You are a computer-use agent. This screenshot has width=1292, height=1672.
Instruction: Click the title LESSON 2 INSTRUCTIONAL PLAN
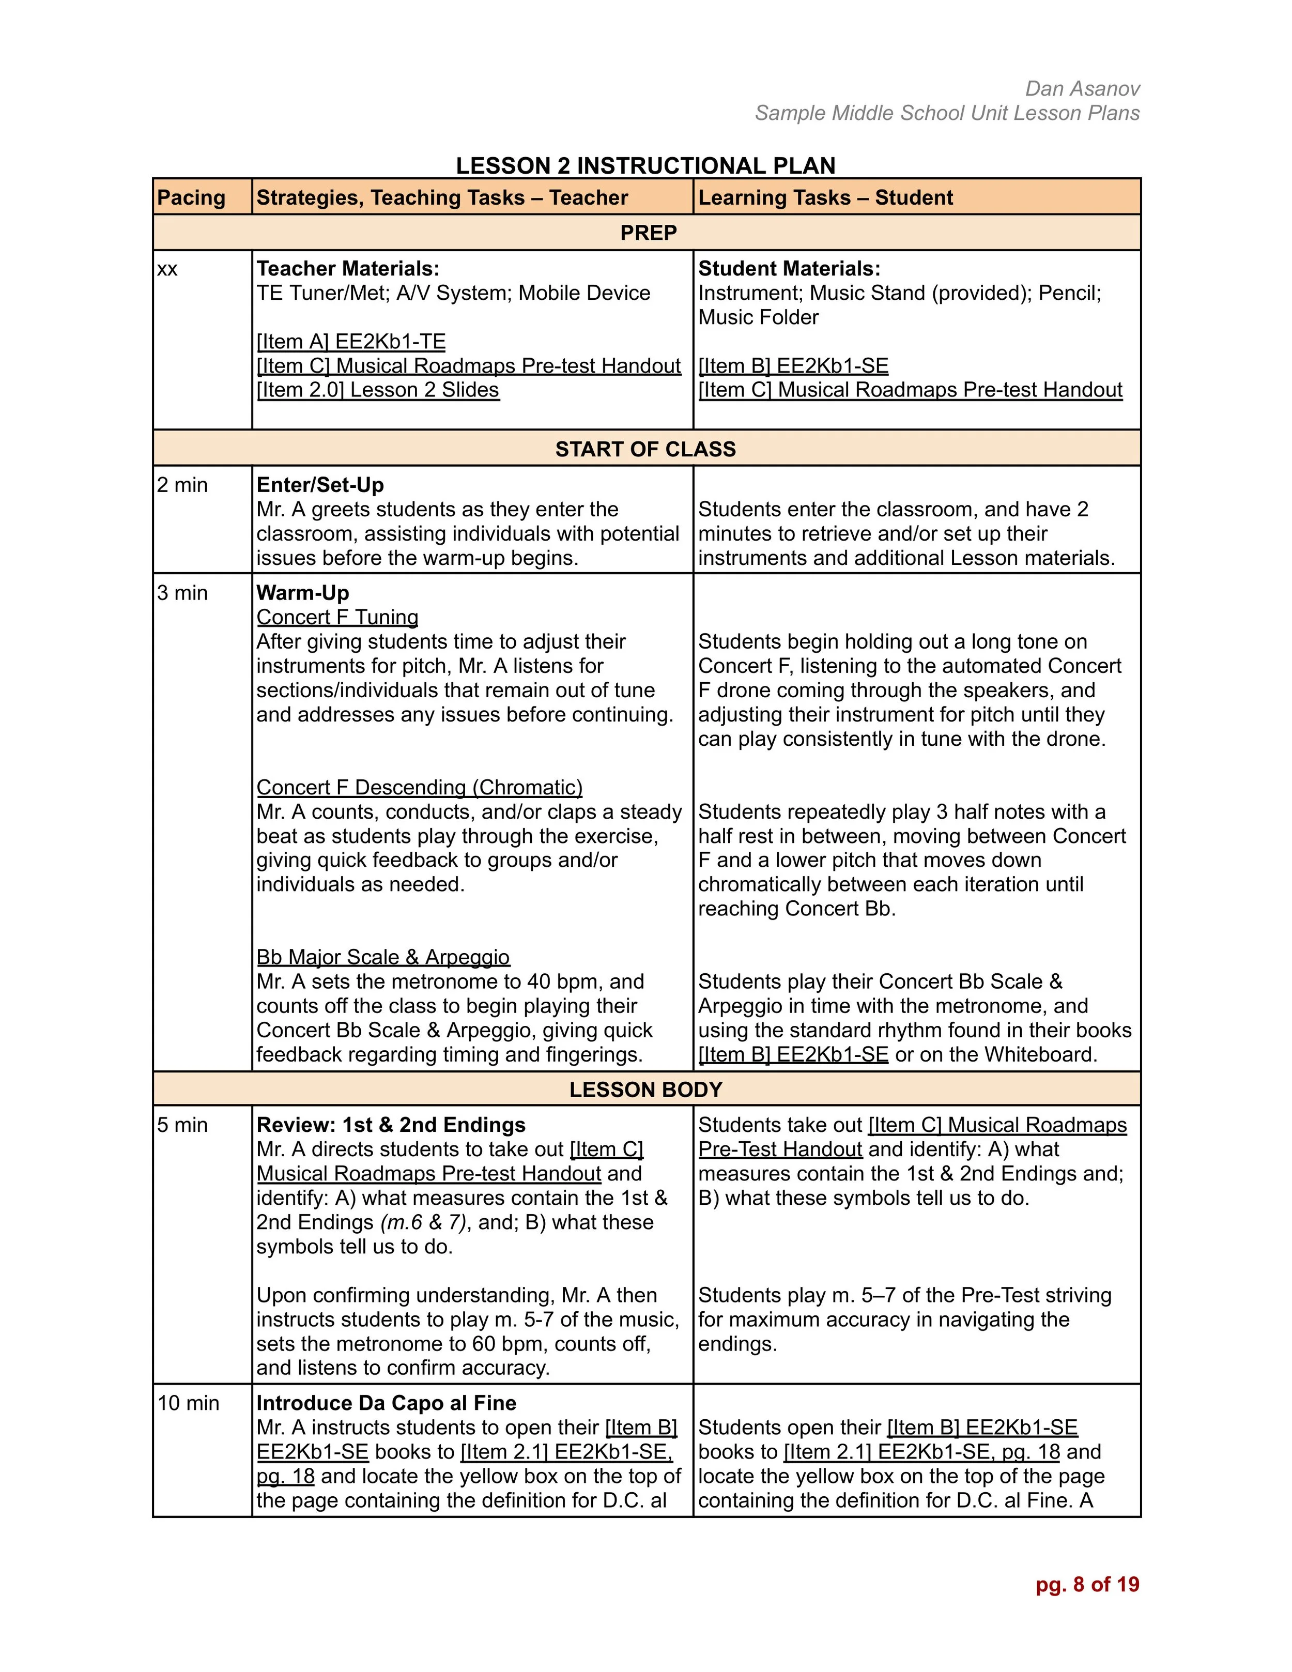click(645, 165)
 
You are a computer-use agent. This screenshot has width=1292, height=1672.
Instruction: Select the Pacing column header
click(191, 197)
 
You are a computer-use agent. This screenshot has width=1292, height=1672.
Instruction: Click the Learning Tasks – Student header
click(825, 197)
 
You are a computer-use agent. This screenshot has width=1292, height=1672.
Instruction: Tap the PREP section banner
click(648, 233)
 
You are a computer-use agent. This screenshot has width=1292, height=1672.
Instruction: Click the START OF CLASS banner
click(645, 449)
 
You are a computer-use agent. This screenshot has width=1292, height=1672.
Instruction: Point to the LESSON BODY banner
click(645, 1090)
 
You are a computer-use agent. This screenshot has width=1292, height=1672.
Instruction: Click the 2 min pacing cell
click(182, 485)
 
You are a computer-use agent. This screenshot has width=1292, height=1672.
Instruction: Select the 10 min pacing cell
click(188, 1403)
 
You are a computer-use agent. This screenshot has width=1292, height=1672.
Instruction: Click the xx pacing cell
click(167, 269)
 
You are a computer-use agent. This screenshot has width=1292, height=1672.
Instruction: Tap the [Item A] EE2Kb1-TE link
click(350, 342)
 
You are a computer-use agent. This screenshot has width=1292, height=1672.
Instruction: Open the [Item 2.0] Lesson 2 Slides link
click(377, 390)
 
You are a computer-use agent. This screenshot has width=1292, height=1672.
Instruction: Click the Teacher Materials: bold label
click(347, 269)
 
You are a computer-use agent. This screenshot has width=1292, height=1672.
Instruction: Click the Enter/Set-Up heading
click(320, 485)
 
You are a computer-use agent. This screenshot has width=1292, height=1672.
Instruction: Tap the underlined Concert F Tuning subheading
click(337, 617)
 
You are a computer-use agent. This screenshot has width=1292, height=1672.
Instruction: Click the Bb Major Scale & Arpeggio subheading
click(383, 958)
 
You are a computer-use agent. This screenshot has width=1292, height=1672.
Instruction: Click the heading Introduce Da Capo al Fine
click(386, 1403)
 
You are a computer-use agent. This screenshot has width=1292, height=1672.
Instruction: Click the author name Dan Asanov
click(1082, 89)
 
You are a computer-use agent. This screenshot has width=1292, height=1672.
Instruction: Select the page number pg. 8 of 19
click(1087, 1585)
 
